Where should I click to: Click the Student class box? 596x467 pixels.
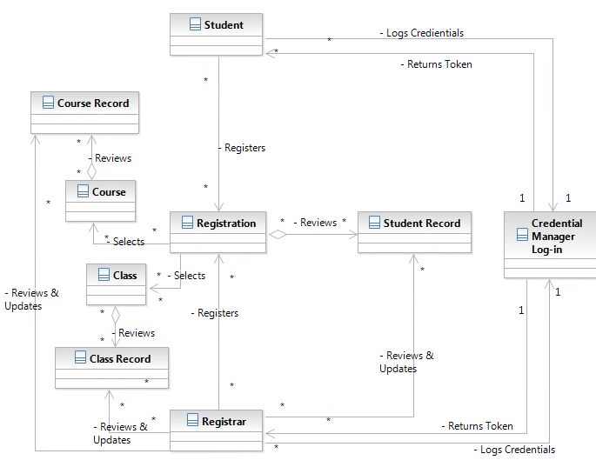217,34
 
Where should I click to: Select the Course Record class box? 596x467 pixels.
84,112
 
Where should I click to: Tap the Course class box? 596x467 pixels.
100,200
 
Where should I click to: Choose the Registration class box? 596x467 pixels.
218,231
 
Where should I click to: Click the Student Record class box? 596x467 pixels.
414,231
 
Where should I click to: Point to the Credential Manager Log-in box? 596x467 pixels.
549,244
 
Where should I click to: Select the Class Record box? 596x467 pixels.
111,367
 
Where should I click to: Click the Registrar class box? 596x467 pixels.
216,430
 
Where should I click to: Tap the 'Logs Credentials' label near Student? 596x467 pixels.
422,33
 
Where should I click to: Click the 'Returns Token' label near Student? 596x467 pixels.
436,64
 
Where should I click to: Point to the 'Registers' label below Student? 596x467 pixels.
243,148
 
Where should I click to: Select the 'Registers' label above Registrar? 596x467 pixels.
216,313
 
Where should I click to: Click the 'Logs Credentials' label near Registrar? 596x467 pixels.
514,450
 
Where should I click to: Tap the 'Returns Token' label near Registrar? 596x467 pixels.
477,426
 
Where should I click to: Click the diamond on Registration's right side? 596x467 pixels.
278,234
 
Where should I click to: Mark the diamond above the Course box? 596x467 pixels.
91,170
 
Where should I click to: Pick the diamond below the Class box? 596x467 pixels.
114,315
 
